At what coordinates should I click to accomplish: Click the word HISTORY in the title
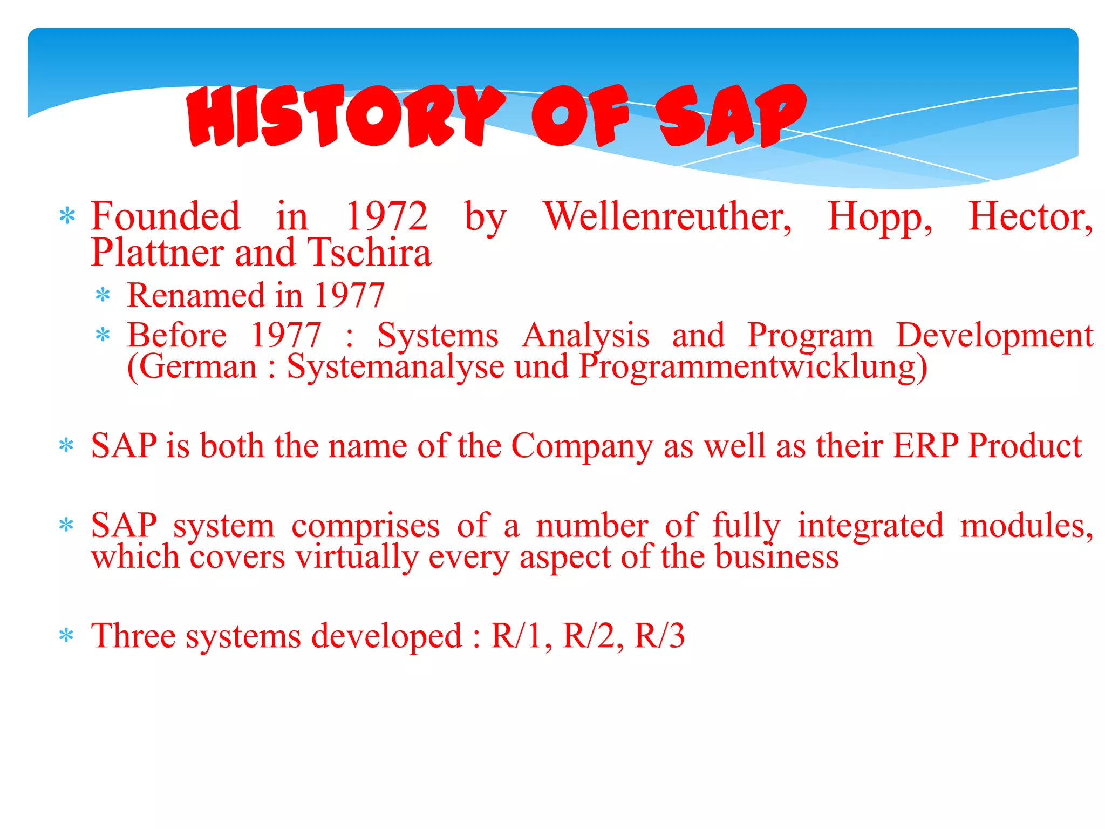click(x=345, y=116)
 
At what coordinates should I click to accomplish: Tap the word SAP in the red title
click(x=731, y=116)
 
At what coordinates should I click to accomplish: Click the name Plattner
click(x=156, y=253)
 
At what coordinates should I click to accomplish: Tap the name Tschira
click(x=370, y=253)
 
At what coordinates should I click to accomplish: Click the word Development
click(x=994, y=336)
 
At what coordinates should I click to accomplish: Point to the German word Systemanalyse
click(x=395, y=367)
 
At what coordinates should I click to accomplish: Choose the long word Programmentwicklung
click(x=753, y=367)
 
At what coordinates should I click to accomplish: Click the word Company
click(x=582, y=447)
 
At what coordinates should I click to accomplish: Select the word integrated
click(x=870, y=527)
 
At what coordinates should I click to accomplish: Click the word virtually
click(x=357, y=557)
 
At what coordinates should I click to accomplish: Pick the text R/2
click(x=592, y=636)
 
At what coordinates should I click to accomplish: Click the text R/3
click(x=659, y=636)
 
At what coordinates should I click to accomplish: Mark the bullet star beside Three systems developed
click(x=66, y=636)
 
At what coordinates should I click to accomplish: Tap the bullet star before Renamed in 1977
click(x=103, y=296)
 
